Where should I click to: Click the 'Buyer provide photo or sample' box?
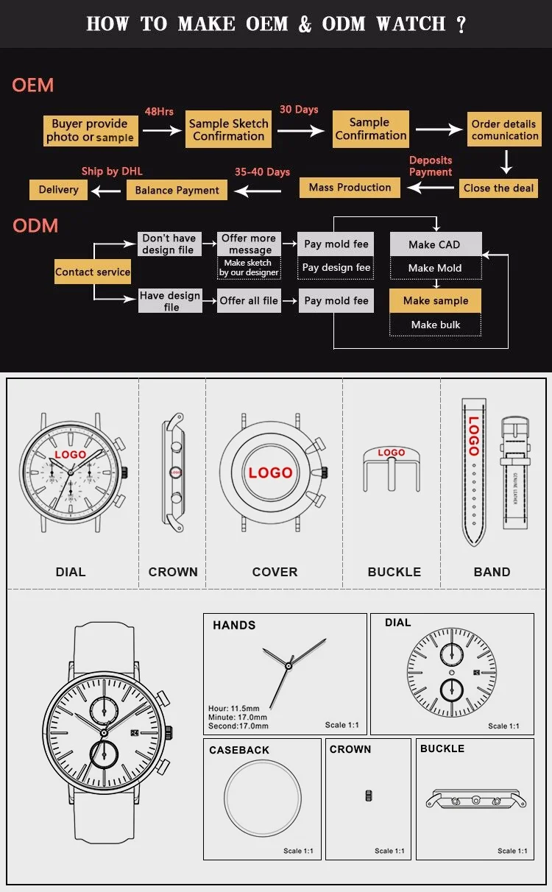90,130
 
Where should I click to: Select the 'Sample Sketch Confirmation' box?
228,130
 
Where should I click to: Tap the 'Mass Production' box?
350,188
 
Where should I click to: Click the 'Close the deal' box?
498,188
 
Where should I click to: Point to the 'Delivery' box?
58,190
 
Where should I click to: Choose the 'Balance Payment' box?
177,190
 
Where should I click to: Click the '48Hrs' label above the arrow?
159,111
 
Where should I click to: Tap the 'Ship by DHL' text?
112,171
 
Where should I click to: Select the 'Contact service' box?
93,272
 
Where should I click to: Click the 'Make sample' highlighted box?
435,300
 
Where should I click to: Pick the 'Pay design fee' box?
336,268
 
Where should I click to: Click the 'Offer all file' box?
249,300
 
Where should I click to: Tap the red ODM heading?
35,225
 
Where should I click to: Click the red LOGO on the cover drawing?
270,472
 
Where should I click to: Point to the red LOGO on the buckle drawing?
391,453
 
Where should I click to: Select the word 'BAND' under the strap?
492,572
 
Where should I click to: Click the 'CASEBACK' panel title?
239,750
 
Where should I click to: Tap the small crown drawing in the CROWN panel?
369,796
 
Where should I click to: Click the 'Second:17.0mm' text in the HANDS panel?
238,726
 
